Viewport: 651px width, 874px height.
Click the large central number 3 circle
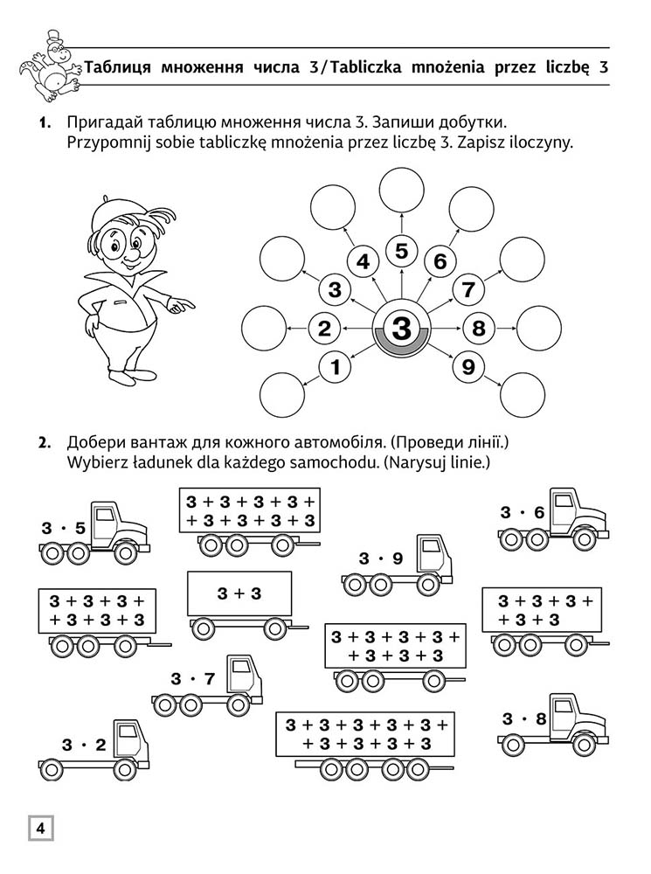(x=401, y=329)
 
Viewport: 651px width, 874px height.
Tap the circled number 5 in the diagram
(x=401, y=252)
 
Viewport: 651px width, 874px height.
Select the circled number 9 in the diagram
(x=467, y=367)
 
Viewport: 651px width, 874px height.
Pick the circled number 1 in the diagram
(x=334, y=367)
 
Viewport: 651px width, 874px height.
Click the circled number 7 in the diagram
(x=467, y=289)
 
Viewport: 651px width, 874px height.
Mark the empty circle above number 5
(x=401, y=191)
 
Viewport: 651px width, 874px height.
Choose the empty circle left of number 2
(x=263, y=329)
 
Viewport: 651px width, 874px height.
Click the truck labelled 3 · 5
(x=93, y=533)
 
